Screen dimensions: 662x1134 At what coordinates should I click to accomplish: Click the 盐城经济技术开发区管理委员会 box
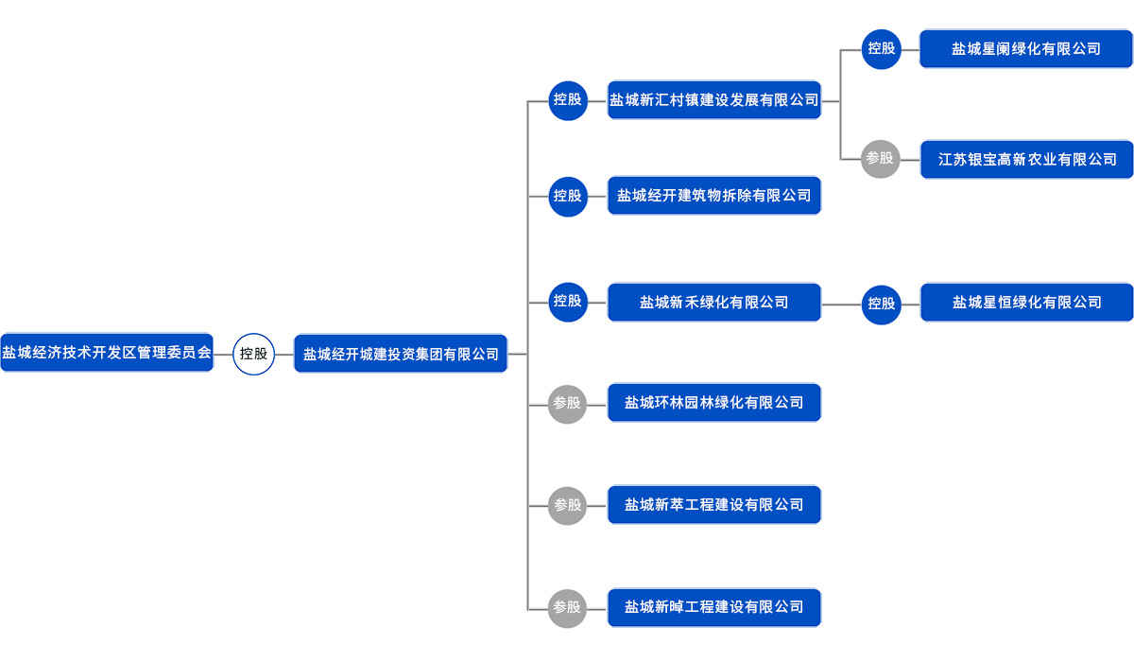pos(107,353)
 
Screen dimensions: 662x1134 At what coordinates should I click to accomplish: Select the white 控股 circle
pos(253,354)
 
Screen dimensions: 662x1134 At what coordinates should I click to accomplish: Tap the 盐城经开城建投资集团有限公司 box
pos(401,354)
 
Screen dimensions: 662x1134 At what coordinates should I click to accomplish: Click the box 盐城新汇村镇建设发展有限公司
pos(714,99)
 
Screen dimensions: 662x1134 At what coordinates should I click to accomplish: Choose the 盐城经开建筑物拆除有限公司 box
pos(714,196)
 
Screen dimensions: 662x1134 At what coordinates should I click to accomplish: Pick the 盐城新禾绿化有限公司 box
pos(714,303)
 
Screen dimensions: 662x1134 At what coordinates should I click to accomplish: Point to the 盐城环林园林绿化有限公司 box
pos(714,403)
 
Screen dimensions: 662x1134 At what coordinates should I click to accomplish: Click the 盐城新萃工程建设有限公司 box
pos(714,505)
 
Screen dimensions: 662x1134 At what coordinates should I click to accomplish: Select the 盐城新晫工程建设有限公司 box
pos(714,607)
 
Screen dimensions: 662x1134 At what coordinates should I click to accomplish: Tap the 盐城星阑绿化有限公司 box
pos(1026,48)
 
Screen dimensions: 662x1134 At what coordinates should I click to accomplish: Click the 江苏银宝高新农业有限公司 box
pos(1027,160)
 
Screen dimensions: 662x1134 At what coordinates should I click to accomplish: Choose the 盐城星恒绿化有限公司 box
pos(1027,303)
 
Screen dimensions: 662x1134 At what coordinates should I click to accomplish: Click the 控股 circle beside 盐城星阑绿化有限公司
pos(882,48)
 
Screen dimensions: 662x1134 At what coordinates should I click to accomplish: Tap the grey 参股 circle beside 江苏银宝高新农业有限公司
pos(880,159)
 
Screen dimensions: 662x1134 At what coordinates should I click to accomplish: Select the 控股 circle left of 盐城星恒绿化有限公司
pos(882,304)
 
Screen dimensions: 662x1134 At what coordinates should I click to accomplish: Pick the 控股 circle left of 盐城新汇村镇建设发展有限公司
pos(568,99)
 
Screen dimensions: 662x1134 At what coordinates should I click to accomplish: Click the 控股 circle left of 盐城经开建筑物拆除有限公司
pos(568,196)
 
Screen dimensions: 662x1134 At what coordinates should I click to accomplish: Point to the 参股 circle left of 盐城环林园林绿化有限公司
pos(567,403)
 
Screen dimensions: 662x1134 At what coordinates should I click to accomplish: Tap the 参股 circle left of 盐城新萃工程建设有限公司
pos(567,505)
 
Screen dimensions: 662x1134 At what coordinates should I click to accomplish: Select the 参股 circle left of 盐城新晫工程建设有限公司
pos(567,607)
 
